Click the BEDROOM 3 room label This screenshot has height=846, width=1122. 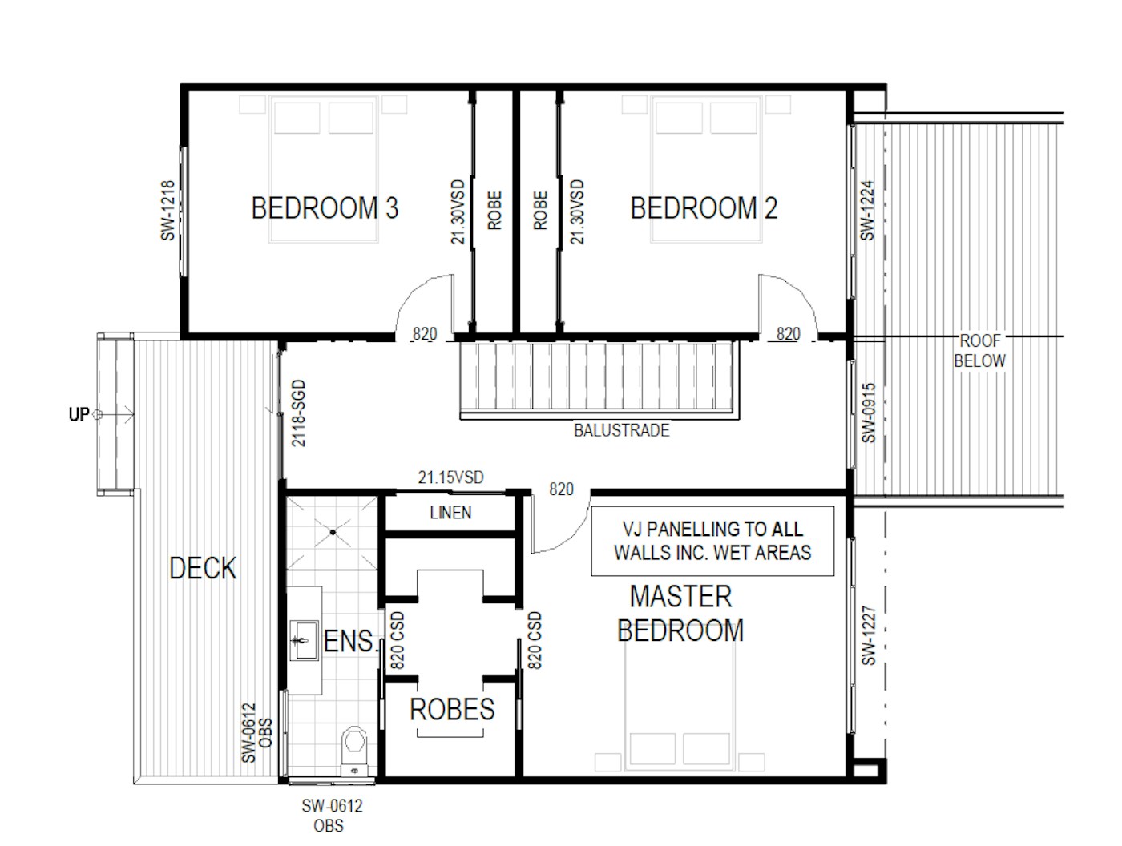(324, 208)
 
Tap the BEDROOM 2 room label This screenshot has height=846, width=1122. (704, 208)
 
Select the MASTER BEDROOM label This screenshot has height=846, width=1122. (680, 614)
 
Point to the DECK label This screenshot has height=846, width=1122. (203, 568)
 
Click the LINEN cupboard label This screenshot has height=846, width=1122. (450, 513)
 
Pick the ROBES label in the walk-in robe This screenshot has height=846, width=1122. (452, 709)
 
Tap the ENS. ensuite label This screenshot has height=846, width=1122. (350, 641)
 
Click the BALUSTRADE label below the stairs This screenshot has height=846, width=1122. (622, 430)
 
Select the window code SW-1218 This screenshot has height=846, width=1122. (167, 211)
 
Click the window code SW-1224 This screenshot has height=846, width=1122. (867, 211)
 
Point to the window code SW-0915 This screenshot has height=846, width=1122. (869, 413)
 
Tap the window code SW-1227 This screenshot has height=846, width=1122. (869, 635)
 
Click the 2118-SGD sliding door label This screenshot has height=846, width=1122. (298, 413)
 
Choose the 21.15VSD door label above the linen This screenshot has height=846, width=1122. (450, 477)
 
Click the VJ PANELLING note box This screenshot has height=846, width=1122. (712, 541)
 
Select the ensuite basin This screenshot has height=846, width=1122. (304, 640)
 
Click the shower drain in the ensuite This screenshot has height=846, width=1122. (333, 532)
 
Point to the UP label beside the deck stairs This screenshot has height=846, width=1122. (79, 414)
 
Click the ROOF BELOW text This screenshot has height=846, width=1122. (979, 350)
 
